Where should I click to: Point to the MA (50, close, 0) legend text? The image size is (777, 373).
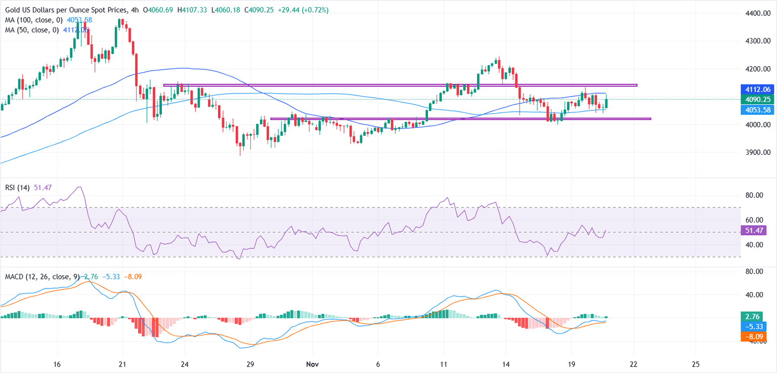point(31,30)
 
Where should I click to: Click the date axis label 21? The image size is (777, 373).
point(121,364)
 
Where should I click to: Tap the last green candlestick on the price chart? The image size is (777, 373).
point(606,103)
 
